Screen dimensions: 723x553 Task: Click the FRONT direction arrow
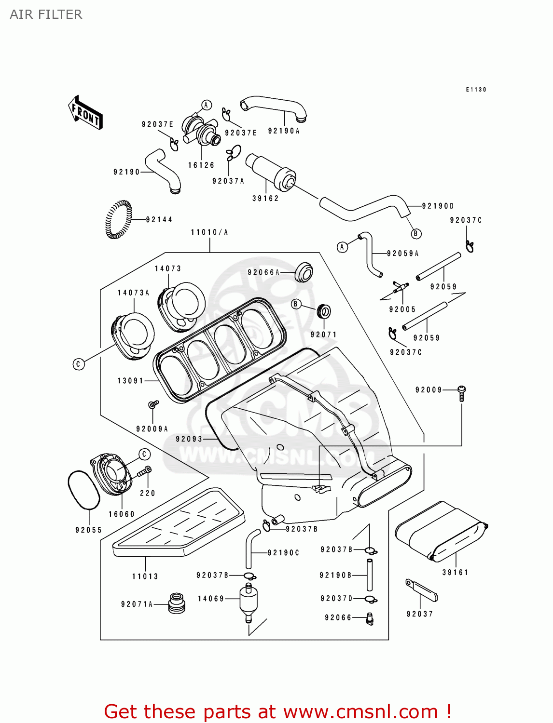[85, 113]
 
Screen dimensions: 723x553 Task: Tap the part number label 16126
[201, 165]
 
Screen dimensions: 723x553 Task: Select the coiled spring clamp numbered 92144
[118, 219]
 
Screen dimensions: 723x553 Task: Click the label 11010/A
[209, 232]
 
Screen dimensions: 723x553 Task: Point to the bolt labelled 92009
[461, 392]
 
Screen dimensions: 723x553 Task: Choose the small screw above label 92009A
[153, 404]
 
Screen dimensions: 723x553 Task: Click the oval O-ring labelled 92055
[83, 490]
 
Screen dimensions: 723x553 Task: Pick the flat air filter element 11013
[179, 525]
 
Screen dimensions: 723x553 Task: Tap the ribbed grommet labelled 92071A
[177, 603]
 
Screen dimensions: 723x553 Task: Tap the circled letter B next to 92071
[296, 304]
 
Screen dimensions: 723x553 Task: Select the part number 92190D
[438, 206]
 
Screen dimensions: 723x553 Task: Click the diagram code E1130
[476, 90]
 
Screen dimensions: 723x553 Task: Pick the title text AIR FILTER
[46, 14]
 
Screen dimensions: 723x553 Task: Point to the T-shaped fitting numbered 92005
[400, 288]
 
